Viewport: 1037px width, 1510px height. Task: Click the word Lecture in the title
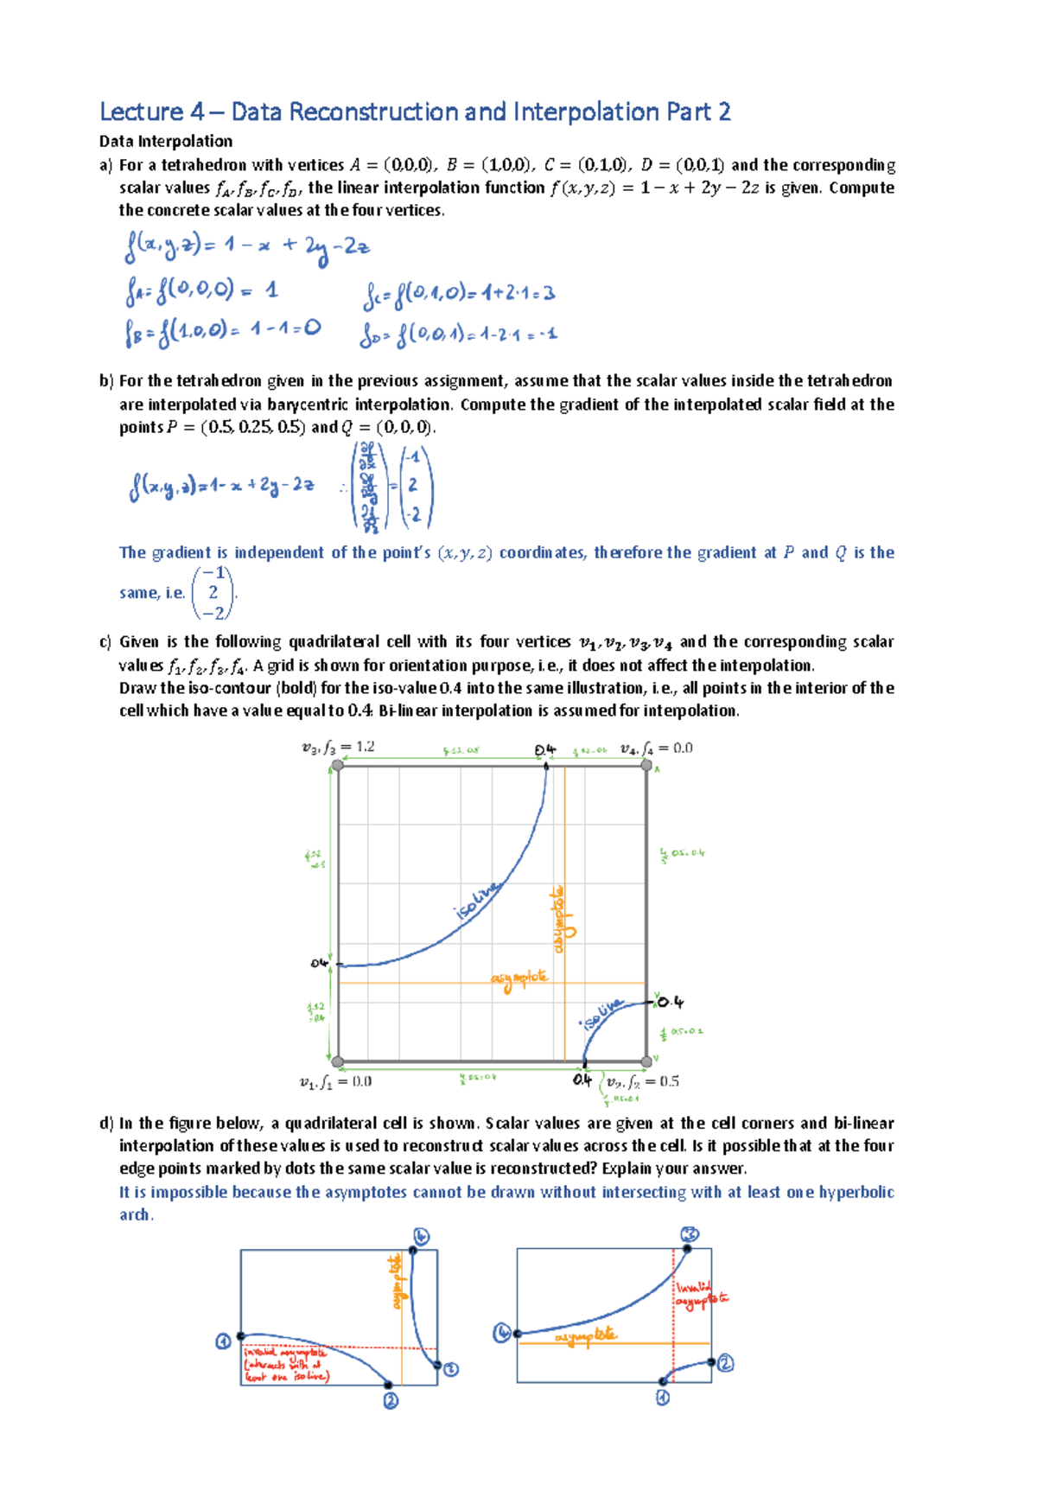point(141,112)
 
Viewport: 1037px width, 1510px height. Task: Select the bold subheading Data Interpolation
point(166,142)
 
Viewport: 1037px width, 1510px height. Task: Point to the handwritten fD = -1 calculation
point(458,334)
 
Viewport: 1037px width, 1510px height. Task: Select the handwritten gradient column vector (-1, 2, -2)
point(414,486)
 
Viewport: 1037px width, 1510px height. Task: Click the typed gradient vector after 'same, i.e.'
point(213,593)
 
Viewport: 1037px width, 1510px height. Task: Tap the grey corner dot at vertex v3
point(338,765)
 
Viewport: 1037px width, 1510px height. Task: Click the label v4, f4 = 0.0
point(656,749)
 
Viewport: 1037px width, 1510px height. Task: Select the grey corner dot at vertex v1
point(338,1061)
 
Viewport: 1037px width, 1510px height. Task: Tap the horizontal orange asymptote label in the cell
point(518,978)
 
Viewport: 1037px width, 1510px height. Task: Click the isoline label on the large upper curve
point(476,900)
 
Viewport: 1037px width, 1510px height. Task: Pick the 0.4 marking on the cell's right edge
point(670,1002)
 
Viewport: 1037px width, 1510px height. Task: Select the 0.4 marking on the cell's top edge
point(545,749)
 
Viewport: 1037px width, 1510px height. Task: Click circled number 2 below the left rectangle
point(391,1399)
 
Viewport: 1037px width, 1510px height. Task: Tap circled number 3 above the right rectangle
point(689,1234)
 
